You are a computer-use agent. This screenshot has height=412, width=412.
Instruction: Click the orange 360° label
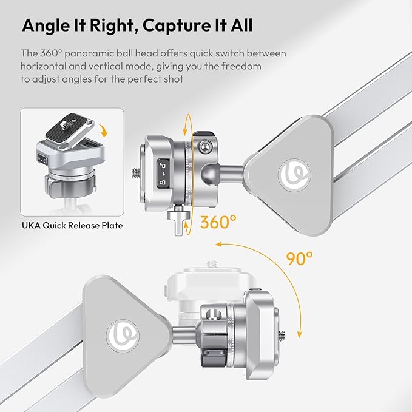coord(218,221)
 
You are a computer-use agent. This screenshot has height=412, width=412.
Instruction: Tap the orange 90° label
coord(299,258)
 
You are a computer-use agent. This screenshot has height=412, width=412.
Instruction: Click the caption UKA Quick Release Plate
coord(72,225)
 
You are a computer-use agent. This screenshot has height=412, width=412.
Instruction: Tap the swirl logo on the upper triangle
coord(294,175)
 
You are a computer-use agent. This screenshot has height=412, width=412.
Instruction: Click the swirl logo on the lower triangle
coord(123,336)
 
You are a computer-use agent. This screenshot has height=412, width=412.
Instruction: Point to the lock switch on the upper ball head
coord(163,174)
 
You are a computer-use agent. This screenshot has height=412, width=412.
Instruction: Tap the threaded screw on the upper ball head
coord(135,174)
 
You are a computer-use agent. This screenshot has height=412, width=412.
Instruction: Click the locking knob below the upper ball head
coord(178,220)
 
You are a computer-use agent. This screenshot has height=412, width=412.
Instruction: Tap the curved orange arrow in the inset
coord(104,130)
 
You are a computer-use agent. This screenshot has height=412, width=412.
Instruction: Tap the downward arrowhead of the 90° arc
coord(299,335)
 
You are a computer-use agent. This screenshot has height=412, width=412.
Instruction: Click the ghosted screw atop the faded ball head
coord(212,263)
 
